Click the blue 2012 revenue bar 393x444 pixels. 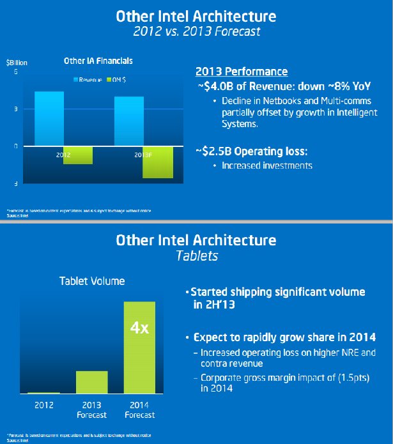point(49,118)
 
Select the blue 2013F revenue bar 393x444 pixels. point(129,121)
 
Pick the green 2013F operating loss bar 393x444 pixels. point(158,162)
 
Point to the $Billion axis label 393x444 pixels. point(17,63)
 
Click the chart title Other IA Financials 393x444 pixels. point(98,61)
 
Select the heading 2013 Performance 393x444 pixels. point(241,72)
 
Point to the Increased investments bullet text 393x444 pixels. point(266,165)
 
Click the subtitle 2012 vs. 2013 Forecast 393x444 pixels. point(196,31)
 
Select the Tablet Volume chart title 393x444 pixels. point(92,280)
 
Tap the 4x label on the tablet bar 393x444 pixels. point(139,328)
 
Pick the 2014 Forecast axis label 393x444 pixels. point(139,410)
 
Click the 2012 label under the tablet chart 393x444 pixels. point(44,405)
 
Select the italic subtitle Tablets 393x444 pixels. point(196,256)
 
